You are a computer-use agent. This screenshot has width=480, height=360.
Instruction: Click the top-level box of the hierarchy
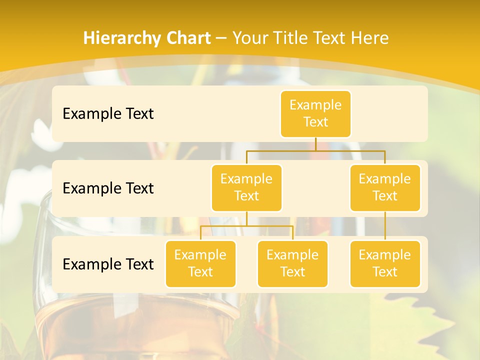(315, 114)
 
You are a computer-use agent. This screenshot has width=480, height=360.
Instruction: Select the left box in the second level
(246, 188)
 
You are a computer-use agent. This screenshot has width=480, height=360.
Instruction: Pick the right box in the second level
(385, 188)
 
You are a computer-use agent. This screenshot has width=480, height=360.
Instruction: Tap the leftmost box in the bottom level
(200, 264)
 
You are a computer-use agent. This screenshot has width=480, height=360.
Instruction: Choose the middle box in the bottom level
(292, 264)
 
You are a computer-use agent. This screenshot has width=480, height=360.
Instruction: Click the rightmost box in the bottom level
(385, 264)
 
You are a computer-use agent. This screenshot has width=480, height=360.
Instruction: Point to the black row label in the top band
(108, 114)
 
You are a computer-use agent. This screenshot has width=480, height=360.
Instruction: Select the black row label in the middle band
(108, 188)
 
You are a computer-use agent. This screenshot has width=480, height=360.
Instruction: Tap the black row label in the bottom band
(108, 264)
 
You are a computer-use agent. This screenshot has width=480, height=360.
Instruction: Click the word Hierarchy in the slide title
(120, 38)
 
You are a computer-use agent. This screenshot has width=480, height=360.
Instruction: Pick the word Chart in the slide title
(186, 38)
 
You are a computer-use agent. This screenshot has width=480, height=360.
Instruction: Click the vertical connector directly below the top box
(315, 144)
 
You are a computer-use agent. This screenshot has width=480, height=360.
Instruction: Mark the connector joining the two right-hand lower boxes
(385, 226)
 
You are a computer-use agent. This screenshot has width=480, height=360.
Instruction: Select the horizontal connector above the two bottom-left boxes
(246, 226)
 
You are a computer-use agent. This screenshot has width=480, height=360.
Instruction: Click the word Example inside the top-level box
(315, 105)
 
